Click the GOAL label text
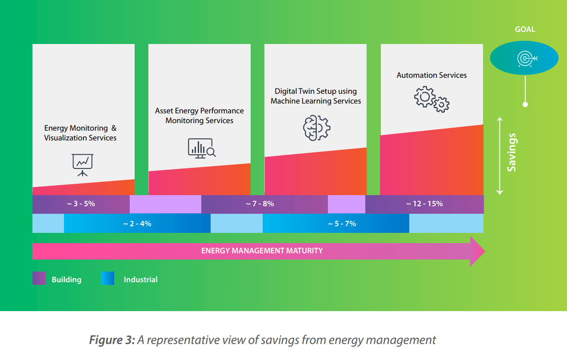(525, 29)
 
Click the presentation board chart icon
(82, 164)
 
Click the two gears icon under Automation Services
(431, 99)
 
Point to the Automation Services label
(431, 75)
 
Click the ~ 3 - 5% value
(81, 204)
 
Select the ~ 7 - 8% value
(260, 204)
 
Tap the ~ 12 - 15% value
(424, 204)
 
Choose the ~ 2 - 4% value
(137, 224)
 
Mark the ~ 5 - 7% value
(342, 224)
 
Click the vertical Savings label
(512, 152)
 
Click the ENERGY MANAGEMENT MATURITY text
(262, 251)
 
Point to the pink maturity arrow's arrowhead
(477, 251)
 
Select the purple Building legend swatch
(39, 279)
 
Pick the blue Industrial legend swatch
(108, 279)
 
